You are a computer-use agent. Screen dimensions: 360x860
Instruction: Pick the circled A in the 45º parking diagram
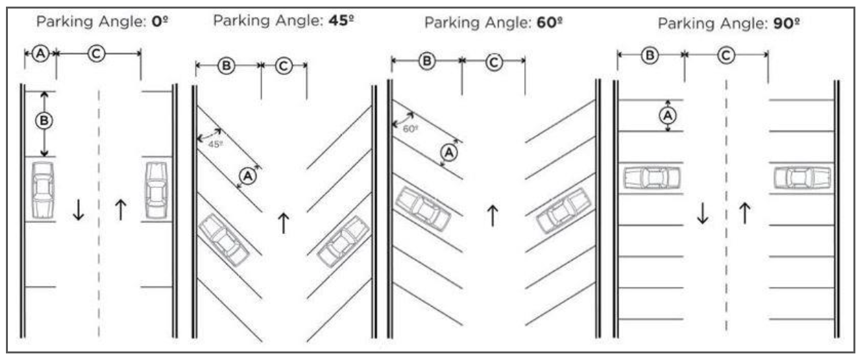click(x=247, y=176)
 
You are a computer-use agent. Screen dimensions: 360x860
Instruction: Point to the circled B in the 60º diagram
click(x=427, y=61)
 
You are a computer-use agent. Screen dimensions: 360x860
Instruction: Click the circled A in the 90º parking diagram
click(x=668, y=115)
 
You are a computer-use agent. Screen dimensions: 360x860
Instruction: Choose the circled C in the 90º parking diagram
click(x=726, y=56)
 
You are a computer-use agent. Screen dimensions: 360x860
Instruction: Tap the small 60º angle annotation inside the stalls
click(x=410, y=129)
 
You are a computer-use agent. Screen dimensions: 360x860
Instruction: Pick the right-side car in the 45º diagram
click(x=343, y=241)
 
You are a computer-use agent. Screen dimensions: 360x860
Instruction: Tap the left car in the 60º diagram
click(x=422, y=208)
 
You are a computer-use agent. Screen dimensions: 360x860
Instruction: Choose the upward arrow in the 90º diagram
click(x=745, y=213)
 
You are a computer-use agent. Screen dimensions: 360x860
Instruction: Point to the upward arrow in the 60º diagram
click(x=491, y=216)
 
